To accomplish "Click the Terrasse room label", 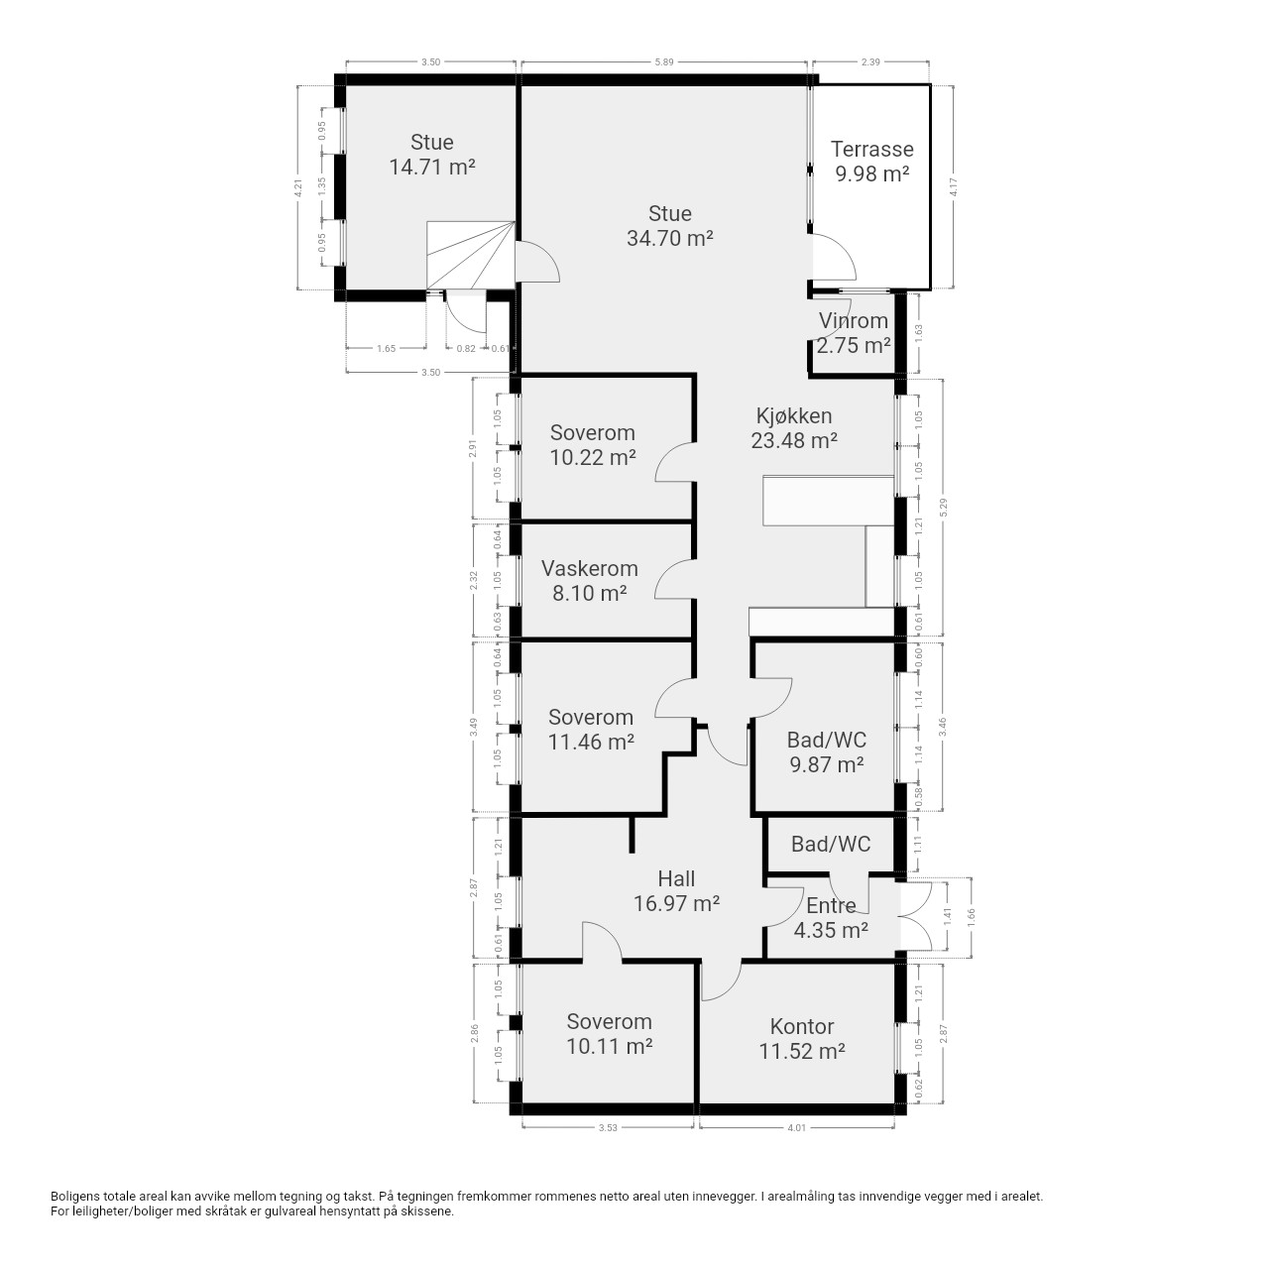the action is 871,150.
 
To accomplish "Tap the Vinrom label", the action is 854,320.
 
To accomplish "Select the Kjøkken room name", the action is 793,416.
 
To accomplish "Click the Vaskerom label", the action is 589,568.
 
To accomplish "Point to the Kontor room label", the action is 801,1026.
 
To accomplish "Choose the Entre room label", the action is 831,906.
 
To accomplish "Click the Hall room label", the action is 676,878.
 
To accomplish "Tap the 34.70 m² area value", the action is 670,238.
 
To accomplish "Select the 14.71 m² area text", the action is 432,167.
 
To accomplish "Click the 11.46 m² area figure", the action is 591,742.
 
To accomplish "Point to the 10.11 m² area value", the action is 609,1046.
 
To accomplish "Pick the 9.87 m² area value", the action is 827,764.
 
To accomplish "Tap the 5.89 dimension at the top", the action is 664,61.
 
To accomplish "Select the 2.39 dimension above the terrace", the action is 870,61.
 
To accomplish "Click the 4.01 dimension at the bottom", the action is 797,1127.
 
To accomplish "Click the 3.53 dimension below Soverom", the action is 608,1127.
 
